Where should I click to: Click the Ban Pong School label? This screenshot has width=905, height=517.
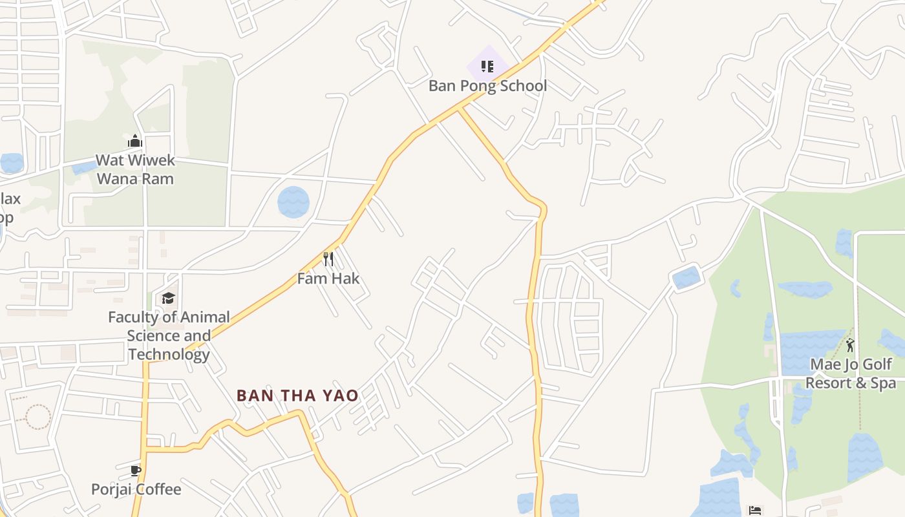coord(487,86)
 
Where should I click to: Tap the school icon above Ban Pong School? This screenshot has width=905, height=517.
coord(487,66)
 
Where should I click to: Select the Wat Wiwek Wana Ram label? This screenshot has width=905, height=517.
coord(135,169)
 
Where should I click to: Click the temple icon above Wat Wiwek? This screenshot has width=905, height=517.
coord(134,140)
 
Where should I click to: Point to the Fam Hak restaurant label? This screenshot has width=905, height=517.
coord(328,279)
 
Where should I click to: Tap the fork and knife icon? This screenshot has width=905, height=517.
coord(328,259)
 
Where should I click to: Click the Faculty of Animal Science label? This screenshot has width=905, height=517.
coord(169,335)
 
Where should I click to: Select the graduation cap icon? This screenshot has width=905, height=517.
coord(168,298)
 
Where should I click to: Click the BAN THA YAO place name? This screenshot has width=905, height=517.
coord(297,396)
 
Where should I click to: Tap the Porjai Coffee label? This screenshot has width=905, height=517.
coord(136,489)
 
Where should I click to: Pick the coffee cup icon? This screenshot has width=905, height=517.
coord(135,470)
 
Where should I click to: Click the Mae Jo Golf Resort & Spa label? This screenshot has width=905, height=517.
coord(851,374)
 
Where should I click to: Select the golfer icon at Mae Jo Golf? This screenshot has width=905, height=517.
coord(850,344)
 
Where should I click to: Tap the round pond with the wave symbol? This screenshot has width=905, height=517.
coord(293,202)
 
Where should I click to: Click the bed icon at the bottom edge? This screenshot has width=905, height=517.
coord(754,511)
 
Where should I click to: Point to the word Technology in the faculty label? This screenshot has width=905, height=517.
coord(169,354)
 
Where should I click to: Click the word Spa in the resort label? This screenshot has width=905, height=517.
coord(883,383)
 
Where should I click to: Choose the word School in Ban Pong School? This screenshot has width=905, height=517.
coord(521,86)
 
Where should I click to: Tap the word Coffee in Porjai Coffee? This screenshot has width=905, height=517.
coord(158,489)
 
